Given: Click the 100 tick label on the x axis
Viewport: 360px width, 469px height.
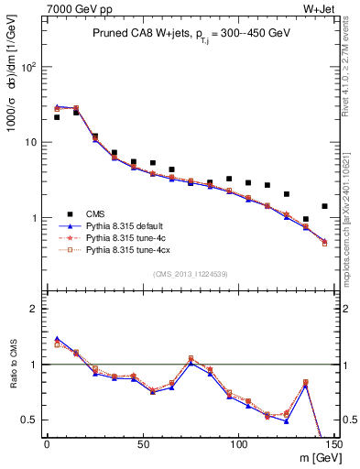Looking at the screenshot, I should [238, 444].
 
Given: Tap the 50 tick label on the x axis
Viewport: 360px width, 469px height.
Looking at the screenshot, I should [142, 444].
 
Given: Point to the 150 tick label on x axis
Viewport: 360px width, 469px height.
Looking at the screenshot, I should [333, 444].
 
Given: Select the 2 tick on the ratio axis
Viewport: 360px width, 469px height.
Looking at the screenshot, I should [33, 309].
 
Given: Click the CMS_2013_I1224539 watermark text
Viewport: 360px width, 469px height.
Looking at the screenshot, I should [190, 274].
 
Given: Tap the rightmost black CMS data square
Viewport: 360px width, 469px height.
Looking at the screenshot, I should [324, 206].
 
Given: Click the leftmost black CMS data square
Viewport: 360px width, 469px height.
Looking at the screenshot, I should [57, 117].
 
